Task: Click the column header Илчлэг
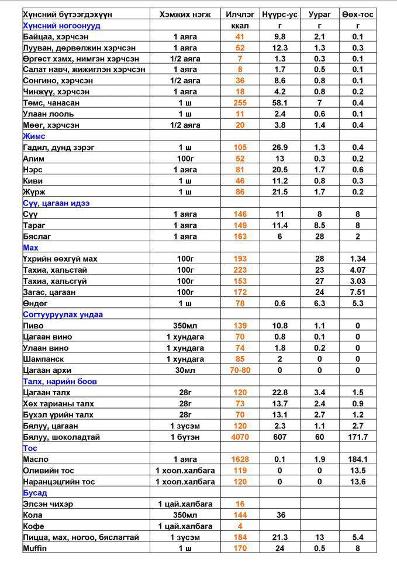tap(240, 14)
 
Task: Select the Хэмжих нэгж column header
tap(185, 14)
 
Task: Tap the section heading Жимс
tap(34, 136)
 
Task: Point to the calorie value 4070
tap(240, 437)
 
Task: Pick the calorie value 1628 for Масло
tap(240, 459)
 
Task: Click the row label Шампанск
tap(43, 359)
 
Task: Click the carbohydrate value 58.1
tap(280, 103)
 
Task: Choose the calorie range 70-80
tap(240, 370)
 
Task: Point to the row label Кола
tap(34, 515)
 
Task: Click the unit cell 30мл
tap(185, 370)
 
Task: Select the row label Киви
tap(33, 181)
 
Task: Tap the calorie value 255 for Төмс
tap(240, 103)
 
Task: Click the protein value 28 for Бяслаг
tap(320, 237)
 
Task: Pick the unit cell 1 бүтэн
tap(185, 437)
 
